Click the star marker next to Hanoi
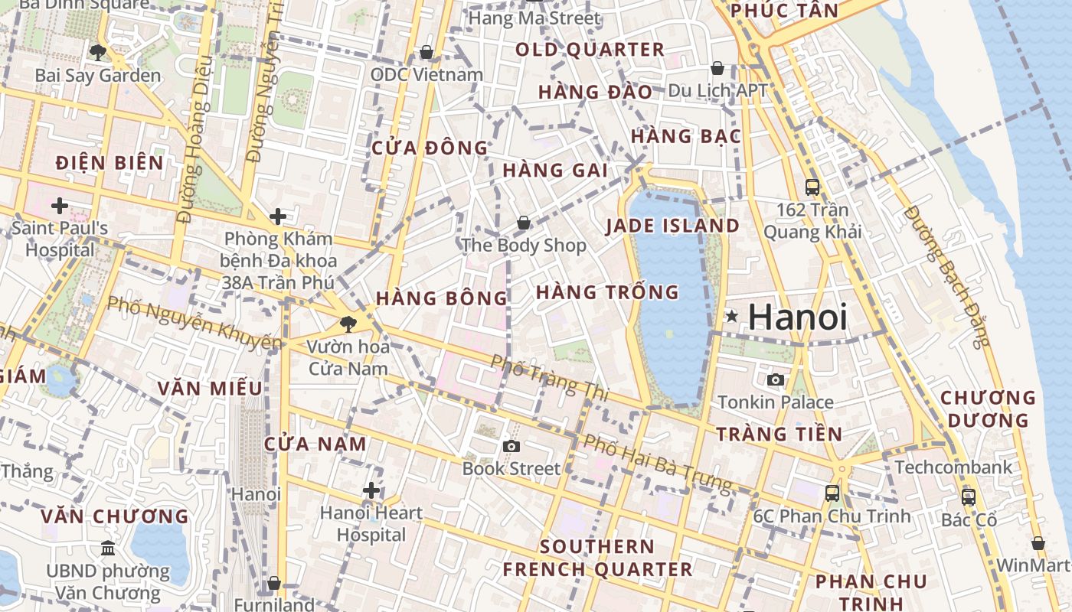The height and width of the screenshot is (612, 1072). click(x=732, y=316)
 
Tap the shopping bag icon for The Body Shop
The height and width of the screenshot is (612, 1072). click(x=524, y=223)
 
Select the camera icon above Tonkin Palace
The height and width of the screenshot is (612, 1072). click(x=776, y=379)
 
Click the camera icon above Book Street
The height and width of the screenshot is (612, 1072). click(x=511, y=446)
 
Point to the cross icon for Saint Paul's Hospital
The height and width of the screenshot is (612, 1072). click(x=60, y=205)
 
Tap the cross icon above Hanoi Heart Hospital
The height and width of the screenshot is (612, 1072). click(x=372, y=490)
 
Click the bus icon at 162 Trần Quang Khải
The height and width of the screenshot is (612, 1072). click(x=812, y=187)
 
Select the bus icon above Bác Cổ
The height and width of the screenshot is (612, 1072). click(x=969, y=496)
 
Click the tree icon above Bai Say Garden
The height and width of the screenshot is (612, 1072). click(x=97, y=52)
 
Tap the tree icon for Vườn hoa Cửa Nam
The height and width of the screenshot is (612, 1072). click(x=348, y=324)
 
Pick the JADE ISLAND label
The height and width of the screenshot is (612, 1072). click(x=672, y=226)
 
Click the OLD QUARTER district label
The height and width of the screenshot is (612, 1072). click(x=590, y=50)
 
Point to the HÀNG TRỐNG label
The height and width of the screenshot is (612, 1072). click(x=607, y=292)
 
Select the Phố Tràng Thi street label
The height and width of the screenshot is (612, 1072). click(x=549, y=378)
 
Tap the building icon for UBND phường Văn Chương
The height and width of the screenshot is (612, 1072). click(x=108, y=549)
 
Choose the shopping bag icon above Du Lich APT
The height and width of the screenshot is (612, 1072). click(x=717, y=68)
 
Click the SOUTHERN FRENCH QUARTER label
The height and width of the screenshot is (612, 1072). click(x=597, y=558)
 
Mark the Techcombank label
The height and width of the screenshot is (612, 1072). click(x=953, y=467)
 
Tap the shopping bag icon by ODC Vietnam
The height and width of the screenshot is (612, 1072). click(x=427, y=52)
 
